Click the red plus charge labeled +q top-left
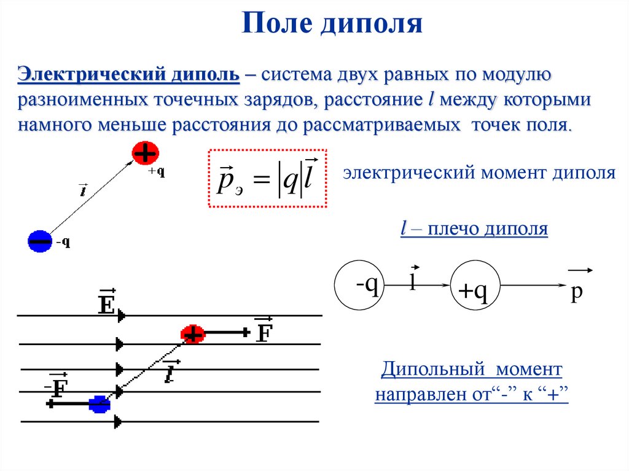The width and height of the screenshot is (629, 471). tap(146, 154)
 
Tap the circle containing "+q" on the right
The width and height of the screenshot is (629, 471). tap(474, 286)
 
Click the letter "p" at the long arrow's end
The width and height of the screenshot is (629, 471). tap(576, 294)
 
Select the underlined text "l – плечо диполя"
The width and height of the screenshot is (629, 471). tap(473, 230)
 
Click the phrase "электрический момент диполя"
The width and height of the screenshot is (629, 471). tap(479, 173)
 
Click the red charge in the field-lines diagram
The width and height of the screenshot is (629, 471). tap(192, 333)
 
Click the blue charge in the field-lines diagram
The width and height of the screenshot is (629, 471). tap(98, 404)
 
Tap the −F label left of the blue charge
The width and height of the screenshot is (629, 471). tap(56, 387)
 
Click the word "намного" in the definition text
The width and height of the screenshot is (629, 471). tap(52, 125)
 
